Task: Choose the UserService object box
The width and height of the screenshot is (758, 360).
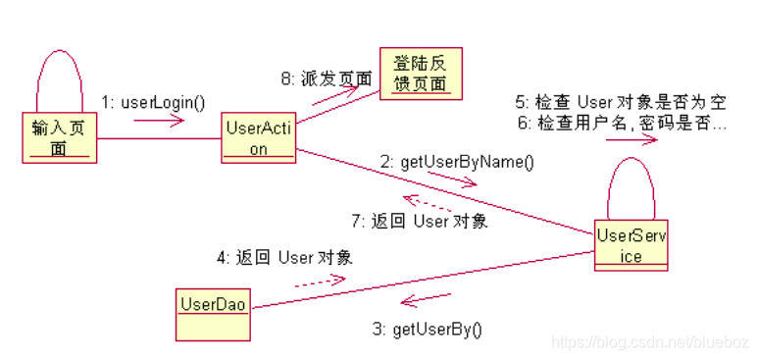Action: (x=632, y=245)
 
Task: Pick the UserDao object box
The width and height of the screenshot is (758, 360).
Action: (x=211, y=304)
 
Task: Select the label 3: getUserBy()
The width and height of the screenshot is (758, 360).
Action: (x=428, y=330)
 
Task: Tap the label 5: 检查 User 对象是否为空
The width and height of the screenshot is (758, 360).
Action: (x=621, y=103)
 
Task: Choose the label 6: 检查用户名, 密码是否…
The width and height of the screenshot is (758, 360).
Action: (x=621, y=125)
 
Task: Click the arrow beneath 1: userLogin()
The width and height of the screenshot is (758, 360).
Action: (x=159, y=121)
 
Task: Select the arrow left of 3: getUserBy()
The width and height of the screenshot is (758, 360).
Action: (x=424, y=299)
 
